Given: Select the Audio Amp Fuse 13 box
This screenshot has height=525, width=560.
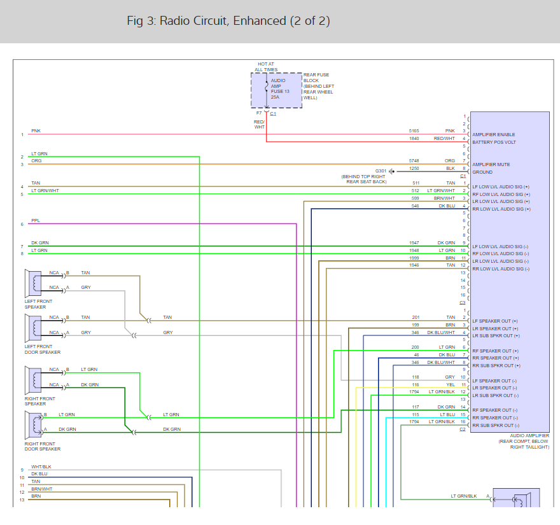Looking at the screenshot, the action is coord(276,90).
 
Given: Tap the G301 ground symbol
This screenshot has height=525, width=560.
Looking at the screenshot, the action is coord(392,171).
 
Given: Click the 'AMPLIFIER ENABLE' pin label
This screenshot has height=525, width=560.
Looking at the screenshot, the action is coord(494,135).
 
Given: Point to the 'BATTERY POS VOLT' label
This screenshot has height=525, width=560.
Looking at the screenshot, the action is coord(494,142).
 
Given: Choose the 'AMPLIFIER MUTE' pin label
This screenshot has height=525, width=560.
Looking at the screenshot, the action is coord(491,165).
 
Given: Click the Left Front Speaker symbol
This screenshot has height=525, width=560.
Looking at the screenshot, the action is coord(33,283).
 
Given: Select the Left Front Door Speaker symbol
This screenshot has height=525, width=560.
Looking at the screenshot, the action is coord(33,328).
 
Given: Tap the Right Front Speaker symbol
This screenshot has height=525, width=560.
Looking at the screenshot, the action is coord(33,381).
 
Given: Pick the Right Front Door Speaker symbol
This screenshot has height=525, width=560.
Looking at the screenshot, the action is coord(33,425).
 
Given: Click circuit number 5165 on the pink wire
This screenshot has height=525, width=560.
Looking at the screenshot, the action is coord(414,131).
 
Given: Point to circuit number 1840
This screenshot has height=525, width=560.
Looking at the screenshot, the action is coord(414,139).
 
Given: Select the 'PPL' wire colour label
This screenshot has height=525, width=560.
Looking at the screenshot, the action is coord(36,221).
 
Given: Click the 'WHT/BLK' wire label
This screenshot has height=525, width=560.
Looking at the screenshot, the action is coord(41,467).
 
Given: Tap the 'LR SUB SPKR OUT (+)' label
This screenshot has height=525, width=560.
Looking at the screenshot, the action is coord(496,336).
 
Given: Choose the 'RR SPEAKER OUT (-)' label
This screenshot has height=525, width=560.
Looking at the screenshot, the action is coord(495,418).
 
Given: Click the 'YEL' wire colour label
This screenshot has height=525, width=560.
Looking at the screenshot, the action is coord(451,384).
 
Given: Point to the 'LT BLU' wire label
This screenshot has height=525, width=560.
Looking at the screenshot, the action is coord(447,415).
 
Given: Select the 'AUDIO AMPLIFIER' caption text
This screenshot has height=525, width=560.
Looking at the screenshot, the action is coord(529,436).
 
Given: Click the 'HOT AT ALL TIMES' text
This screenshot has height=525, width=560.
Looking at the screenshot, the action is coord(266,67).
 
